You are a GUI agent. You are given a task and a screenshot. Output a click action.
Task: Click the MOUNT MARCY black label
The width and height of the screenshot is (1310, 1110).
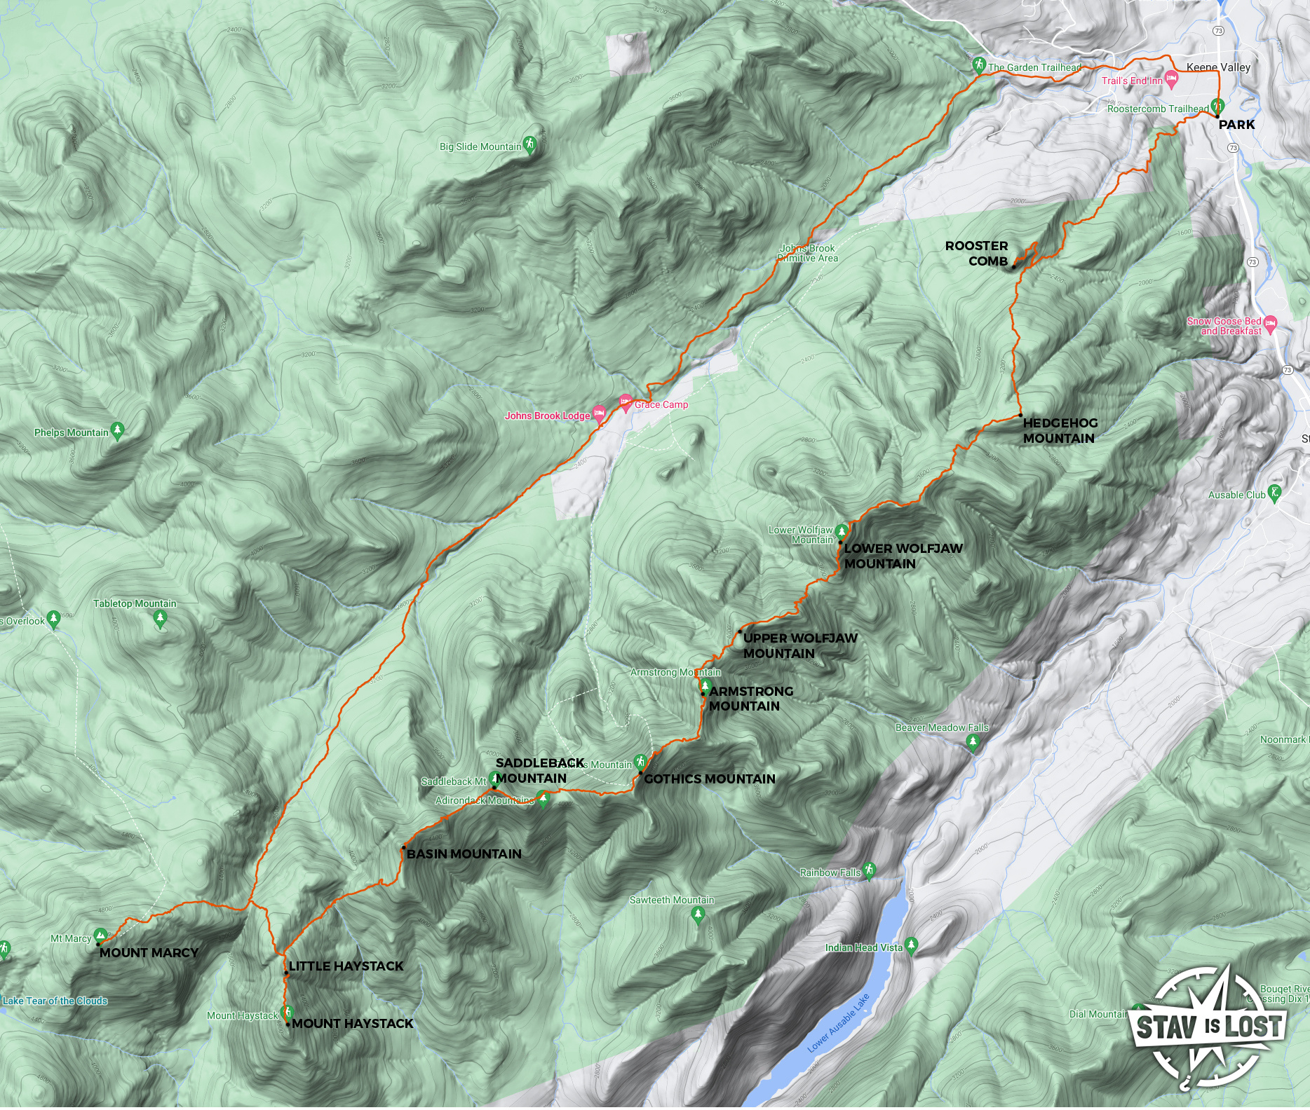tap(149, 953)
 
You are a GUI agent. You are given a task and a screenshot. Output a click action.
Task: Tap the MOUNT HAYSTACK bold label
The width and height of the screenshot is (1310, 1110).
tap(352, 1024)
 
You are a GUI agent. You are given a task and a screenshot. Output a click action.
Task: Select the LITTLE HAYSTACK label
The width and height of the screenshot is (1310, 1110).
tap(346, 966)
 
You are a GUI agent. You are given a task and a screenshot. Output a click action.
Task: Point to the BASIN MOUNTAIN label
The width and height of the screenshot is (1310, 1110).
tap(464, 854)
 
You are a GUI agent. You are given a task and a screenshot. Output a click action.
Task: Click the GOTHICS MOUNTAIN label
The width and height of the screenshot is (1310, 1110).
tap(709, 779)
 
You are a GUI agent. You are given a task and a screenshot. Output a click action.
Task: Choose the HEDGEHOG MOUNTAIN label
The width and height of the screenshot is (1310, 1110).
tap(1060, 431)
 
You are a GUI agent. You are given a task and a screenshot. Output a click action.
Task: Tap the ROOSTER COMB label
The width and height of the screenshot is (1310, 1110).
tap(976, 254)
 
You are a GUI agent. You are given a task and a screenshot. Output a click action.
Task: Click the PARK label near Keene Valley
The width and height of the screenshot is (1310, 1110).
tap(1236, 125)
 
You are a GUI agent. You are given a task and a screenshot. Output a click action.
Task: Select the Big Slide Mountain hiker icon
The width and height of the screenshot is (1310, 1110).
tap(530, 144)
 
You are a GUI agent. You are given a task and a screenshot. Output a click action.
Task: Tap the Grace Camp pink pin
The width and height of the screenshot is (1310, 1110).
tap(626, 403)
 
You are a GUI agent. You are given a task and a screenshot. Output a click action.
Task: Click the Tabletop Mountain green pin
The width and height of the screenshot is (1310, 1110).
tap(161, 619)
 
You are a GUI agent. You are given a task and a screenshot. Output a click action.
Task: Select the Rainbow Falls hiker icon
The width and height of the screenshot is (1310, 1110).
tap(870, 871)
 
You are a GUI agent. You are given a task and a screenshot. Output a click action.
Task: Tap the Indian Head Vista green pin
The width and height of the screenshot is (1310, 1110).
tap(911, 946)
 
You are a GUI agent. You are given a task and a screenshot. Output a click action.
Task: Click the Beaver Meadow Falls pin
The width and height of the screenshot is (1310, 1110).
tap(972, 743)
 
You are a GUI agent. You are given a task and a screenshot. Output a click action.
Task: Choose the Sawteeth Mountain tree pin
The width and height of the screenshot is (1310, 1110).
tap(697, 914)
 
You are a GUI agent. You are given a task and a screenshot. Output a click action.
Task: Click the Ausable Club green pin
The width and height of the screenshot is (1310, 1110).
tap(1275, 493)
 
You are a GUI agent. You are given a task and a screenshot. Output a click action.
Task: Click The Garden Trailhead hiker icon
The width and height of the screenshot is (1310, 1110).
tap(979, 66)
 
